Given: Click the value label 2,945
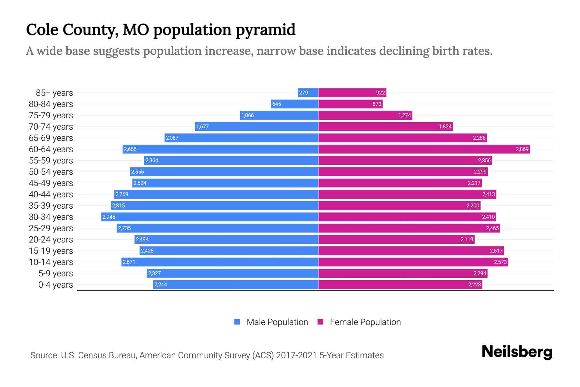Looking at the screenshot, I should click(109, 217).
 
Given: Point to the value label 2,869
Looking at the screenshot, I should click(522, 149).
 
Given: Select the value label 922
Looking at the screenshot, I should click(381, 93).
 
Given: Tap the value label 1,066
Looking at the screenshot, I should click(247, 115).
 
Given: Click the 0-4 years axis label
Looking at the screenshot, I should click(55, 284).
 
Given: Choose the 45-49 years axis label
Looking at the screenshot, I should click(51, 183).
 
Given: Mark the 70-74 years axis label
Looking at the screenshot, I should click(51, 126).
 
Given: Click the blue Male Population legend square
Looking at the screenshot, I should click(237, 322).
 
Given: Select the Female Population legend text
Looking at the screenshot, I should click(365, 322).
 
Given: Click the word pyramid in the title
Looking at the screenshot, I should click(266, 30).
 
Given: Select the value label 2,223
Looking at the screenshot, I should click(474, 284).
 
